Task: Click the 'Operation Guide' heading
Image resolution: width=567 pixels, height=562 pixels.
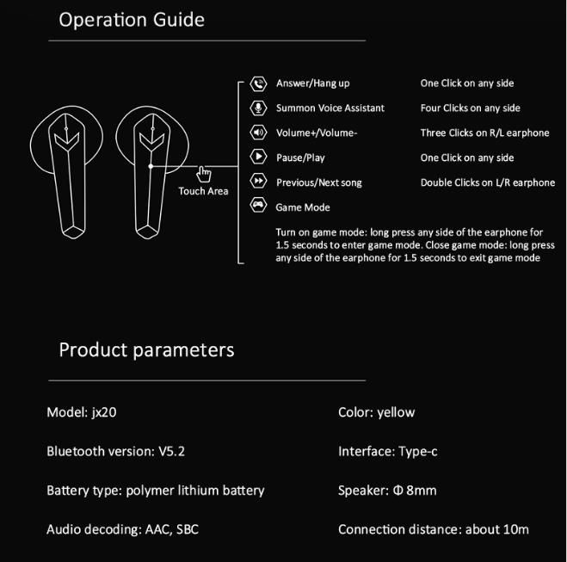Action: [132, 20]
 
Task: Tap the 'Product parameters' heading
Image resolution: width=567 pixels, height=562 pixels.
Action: [146, 349]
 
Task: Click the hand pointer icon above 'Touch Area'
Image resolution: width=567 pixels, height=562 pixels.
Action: [204, 174]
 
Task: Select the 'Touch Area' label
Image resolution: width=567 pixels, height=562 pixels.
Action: [203, 191]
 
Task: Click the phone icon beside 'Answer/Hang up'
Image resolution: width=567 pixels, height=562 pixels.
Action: [257, 83]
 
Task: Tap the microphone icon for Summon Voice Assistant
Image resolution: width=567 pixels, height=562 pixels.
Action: [257, 108]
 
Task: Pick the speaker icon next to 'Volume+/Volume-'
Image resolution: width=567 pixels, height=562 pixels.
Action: [257, 133]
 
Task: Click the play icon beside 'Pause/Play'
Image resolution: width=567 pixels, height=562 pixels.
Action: [257, 157]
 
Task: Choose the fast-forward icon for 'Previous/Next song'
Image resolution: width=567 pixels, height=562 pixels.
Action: [257, 182]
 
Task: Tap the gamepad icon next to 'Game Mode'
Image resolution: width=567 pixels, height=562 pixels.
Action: [257, 207]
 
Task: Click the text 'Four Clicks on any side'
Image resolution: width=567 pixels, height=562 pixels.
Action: [470, 108]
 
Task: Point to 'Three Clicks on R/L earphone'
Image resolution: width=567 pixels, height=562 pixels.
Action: [484, 133]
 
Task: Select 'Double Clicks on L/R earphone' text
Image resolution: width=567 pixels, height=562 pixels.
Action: [487, 182]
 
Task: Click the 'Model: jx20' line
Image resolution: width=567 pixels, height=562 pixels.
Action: [81, 412]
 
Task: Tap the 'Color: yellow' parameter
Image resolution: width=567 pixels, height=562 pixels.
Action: [376, 412]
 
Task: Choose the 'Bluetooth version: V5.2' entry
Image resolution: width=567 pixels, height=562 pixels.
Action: [116, 451]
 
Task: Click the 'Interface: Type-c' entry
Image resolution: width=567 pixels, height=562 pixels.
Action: [388, 451]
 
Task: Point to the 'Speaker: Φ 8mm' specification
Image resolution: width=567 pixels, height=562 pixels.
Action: [387, 491]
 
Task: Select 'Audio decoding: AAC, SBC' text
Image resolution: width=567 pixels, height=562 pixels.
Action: [122, 529]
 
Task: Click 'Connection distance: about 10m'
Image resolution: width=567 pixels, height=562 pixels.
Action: [433, 529]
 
